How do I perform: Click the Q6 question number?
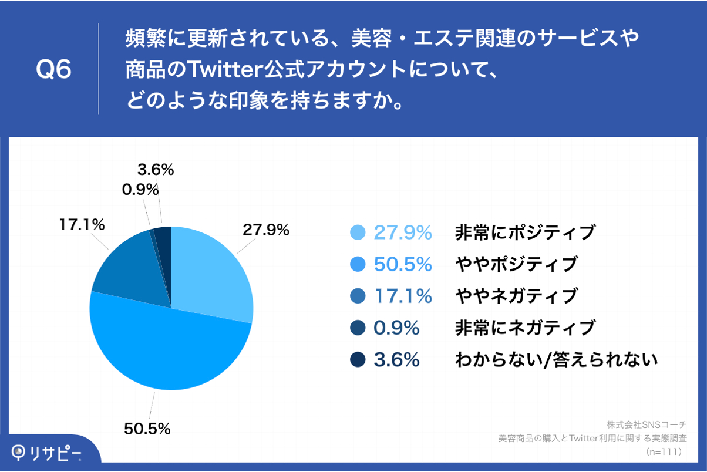pos(53,70)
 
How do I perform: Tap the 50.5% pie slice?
pos(170,346)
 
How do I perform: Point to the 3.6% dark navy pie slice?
pos(164,241)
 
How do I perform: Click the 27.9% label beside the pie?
pos(266,230)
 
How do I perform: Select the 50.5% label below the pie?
pos(147,429)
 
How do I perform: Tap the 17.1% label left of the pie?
pos(82,224)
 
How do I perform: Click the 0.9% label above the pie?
pos(140,190)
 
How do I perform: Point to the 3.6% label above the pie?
pos(156,170)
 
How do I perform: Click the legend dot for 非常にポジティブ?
pos(358,233)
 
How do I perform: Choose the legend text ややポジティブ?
pos(516,265)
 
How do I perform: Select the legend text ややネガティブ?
pos(516,296)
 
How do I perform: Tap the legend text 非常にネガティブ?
pos(525,328)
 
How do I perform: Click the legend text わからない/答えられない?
pos(555,359)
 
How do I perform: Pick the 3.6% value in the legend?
pos(396,359)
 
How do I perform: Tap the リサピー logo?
pos(47,452)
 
